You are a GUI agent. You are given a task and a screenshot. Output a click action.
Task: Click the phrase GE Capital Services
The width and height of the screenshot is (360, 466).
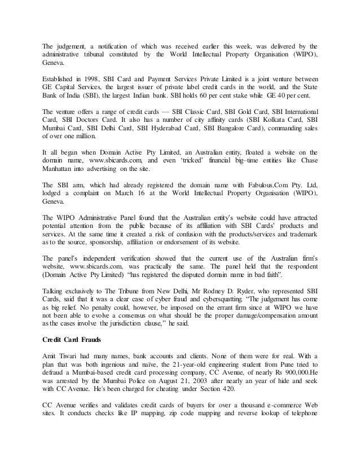click(x=71, y=87)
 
